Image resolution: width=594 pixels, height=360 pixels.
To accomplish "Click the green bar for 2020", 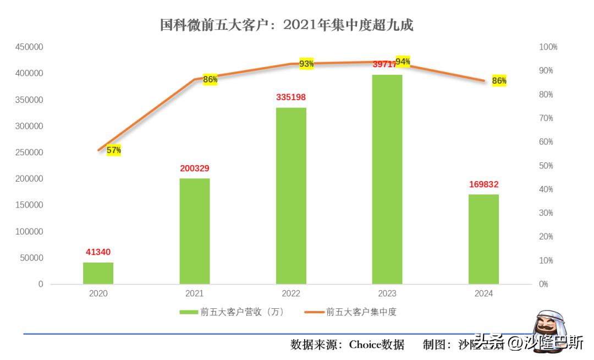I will [98, 273].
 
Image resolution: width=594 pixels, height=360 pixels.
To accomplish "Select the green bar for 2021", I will [195, 231].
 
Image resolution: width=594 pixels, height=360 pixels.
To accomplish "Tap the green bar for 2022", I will [291, 196].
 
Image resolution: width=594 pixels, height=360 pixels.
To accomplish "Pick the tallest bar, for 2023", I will [387, 179].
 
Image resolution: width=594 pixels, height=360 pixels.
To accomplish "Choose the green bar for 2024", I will [483, 239].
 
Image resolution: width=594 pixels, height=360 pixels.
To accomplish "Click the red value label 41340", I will [98, 252].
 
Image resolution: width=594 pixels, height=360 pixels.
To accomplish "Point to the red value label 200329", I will [195, 168].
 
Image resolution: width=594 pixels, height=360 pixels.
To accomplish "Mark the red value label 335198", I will [291, 97].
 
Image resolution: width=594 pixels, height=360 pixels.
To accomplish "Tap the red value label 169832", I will [483, 184].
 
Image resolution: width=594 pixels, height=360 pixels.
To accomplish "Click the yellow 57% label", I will [114, 150].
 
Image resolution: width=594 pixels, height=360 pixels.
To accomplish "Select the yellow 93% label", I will [306, 64].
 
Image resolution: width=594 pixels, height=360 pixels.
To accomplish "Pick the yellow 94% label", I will [403, 61].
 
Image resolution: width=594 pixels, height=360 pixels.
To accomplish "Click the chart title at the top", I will [287, 25].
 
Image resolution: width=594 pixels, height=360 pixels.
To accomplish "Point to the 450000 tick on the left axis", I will [29, 47].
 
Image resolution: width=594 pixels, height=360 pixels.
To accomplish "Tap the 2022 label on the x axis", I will [291, 294].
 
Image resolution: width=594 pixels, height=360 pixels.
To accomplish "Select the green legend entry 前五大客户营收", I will [231, 312].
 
